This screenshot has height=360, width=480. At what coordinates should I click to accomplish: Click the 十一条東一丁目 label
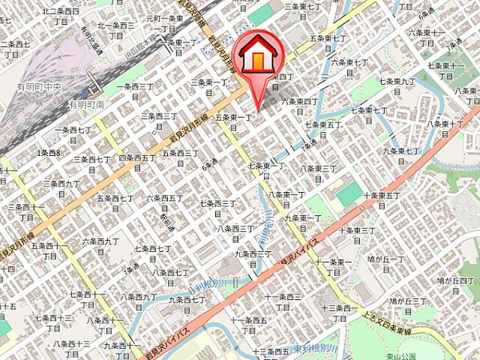(334, 266)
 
